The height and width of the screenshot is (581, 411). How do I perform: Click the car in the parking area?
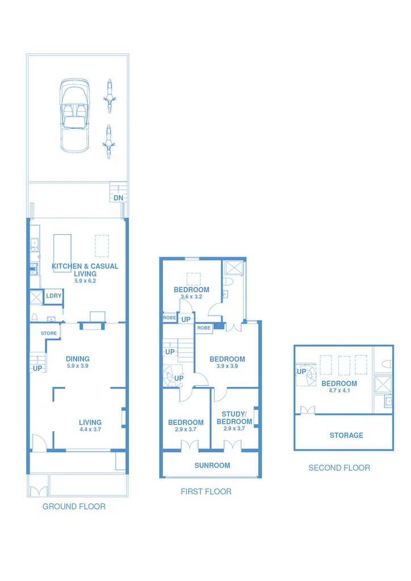(75, 115)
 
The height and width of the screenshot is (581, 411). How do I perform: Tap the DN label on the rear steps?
(118, 198)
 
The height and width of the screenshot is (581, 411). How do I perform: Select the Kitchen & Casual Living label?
(85, 270)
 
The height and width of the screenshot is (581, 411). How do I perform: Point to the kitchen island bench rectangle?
(62, 252)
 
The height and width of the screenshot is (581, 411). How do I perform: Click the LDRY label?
(54, 296)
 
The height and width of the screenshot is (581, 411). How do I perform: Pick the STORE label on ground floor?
(49, 333)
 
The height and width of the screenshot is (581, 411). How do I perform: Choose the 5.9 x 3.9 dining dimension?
(78, 367)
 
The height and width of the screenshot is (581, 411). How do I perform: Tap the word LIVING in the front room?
(90, 422)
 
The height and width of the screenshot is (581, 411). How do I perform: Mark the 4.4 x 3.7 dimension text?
(90, 430)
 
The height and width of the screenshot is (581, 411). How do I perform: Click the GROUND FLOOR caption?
(74, 507)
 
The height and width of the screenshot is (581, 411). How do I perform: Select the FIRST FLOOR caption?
(206, 492)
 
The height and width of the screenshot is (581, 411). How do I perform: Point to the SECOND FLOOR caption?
(339, 468)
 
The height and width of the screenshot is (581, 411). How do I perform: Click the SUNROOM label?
(212, 465)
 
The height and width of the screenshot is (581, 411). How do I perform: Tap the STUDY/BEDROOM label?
(234, 418)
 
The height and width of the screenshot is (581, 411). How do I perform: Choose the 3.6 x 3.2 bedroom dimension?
(191, 297)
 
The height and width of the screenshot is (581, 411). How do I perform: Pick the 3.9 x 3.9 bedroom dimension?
(227, 367)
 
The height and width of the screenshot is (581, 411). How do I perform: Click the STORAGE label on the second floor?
(346, 435)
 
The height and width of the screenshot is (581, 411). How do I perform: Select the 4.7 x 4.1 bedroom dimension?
(339, 391)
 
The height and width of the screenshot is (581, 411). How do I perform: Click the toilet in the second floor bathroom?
(385, 364)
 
